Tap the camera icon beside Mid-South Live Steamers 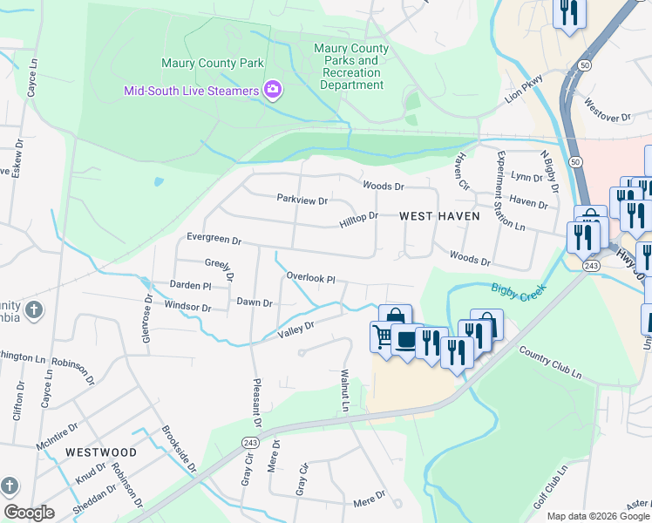click(273, 90)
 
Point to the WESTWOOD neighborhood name click(101, 452)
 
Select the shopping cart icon click(383, 335)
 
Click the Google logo click(29, 512)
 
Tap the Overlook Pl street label click(311, 278)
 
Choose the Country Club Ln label click(550, 362)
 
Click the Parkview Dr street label click(302, 200)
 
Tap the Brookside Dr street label click(180, 450)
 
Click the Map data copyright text click(597, 516)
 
